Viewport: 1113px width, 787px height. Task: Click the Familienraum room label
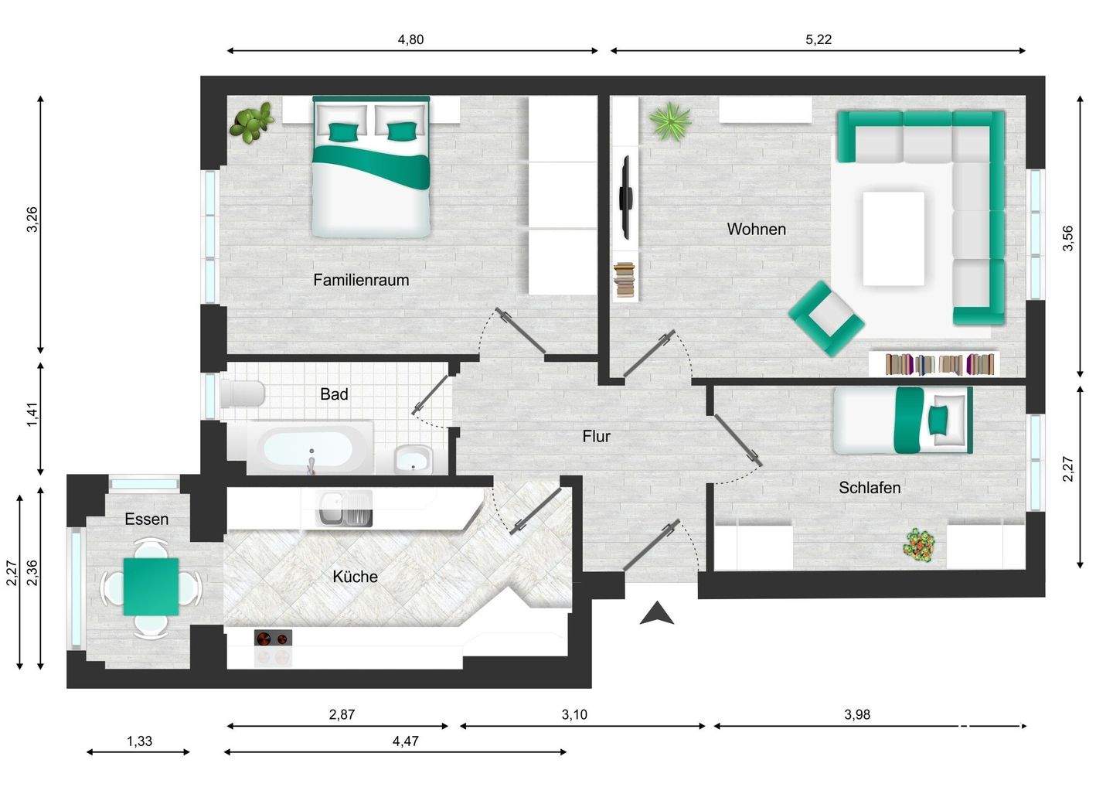coord(361,280)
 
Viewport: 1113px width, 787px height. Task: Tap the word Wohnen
coord(756,229)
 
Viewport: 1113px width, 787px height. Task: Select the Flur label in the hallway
coord(596,436)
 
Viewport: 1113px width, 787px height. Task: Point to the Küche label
coord(356,577)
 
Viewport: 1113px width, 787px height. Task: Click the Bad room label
coord(334,394)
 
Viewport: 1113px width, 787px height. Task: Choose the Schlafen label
coord(870,487)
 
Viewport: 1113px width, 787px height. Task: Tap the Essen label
coord(147,519)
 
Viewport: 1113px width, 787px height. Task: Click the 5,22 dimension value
coord(819,39)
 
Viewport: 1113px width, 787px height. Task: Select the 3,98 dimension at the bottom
coord(857,714)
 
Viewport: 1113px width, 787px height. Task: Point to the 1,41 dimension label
coord(32,415)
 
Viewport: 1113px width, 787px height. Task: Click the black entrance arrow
coord(656,612)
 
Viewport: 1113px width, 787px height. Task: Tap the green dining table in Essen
coord(151,586)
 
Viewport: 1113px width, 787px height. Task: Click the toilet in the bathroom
coord(242,393)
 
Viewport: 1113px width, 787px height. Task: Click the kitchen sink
coord(344,508)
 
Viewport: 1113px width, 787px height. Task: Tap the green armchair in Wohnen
coord(825,319)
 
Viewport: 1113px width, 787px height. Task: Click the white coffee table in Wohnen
coord(893,238)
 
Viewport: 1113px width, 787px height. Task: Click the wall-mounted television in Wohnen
coord(625,197)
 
